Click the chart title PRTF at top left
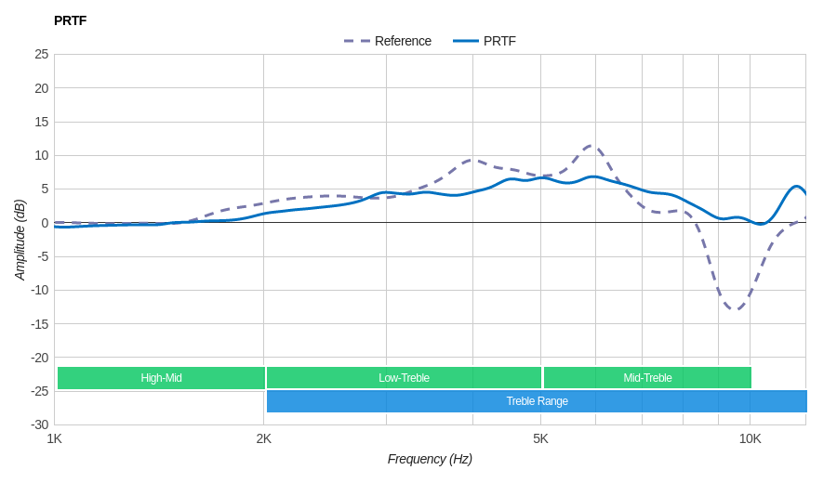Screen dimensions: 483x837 pos(70,20)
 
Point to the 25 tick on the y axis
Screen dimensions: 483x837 pos(42,54)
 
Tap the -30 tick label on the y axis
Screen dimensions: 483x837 pos(39,424)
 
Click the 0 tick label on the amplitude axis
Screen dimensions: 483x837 pos(44,223)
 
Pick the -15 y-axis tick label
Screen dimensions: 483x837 pos(39,323)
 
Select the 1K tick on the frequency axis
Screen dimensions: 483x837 pos(55,438)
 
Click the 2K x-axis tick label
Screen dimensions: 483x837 pos(264,438)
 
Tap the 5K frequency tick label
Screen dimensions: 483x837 pos(540,438)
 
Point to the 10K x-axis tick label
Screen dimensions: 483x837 pos(750,438)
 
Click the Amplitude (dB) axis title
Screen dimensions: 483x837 pos(20,240)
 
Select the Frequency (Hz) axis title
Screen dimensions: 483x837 pos(430,459)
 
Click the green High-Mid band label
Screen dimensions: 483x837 pos(161,378)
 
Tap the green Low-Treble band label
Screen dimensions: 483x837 pos(404,378)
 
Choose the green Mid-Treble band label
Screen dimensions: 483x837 pos(647,378)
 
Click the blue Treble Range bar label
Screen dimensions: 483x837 pos(537,401)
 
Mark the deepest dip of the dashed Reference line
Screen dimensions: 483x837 pos(735,309)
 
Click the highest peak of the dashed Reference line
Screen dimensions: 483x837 pos(591,145)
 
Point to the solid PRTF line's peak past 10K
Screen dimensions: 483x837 pos(797,186)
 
